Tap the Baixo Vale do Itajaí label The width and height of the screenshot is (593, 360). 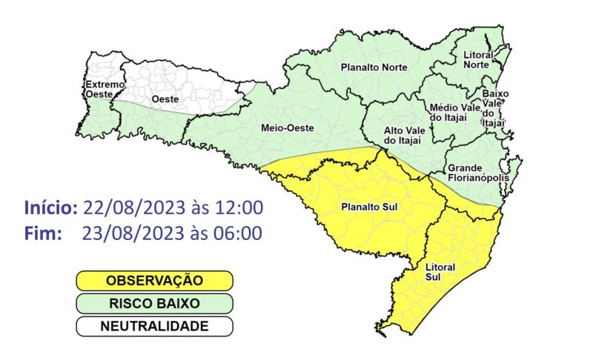(x=494, y=108)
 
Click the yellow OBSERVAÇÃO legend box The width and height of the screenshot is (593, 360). (x=154, y=281)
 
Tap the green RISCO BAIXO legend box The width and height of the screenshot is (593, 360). (x=154, y=303)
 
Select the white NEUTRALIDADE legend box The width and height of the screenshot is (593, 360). (x=154, y=326)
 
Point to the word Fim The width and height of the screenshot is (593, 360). (x=42, y=234)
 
